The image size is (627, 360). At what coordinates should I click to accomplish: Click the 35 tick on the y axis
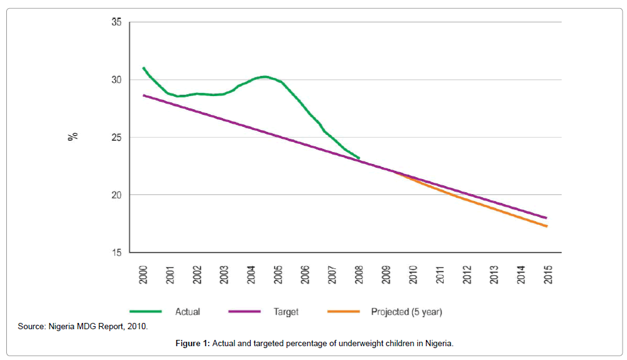tap(116, 22)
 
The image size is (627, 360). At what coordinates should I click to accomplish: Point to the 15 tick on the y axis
tap(116, 253)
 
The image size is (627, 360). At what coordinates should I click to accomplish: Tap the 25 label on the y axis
tap(116, 138)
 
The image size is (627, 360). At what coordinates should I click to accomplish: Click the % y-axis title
tap(73, 135)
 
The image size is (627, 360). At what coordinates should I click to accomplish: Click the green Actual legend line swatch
tap(146, 311)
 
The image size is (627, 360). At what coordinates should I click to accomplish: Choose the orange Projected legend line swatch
tap(343, 311)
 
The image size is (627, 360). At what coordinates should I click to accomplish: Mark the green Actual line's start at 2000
tap(144, 68)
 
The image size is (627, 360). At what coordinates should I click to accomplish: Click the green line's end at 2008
tap(359, 158)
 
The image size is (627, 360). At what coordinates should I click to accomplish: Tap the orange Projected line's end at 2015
tap(547, 226)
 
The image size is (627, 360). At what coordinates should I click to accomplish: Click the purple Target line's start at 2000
tap(144, 95)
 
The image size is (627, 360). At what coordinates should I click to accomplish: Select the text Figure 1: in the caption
tap(194, 344)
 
